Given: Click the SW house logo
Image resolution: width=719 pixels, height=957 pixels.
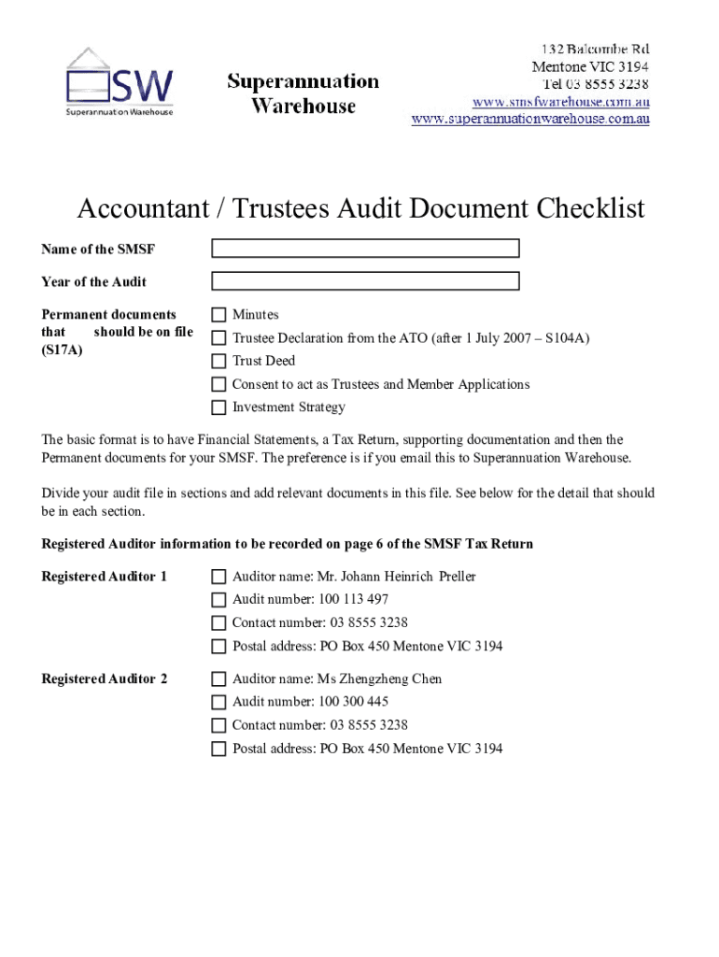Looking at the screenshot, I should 119,81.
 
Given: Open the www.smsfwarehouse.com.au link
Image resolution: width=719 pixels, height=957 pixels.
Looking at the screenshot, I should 560,101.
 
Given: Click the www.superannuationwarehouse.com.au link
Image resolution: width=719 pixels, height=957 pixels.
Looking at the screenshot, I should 530,119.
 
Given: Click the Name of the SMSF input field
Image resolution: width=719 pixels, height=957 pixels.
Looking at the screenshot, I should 365,249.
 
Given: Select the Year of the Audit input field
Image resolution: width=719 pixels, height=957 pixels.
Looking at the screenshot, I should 365,281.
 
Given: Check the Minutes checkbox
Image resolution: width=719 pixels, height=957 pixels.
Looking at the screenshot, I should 219,315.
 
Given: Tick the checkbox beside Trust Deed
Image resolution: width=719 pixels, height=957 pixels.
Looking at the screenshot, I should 219,361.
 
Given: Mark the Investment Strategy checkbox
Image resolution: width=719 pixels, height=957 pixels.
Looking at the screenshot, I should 219,407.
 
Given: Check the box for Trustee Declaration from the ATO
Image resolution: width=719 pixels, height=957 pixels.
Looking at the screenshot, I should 219,337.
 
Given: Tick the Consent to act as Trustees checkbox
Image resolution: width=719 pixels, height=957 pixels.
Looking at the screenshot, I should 219,384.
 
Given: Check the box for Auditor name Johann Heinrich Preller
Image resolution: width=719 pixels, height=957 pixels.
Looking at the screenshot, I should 219,577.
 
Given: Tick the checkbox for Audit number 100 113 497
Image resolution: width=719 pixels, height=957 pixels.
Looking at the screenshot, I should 219,600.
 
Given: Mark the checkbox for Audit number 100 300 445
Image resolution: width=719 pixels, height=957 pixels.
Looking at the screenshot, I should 219,702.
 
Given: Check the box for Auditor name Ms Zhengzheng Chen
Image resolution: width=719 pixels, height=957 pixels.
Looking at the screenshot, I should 219,679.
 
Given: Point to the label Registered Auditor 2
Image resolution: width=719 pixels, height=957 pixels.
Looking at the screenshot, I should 105,679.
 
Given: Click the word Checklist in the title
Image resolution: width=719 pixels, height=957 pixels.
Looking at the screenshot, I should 590,208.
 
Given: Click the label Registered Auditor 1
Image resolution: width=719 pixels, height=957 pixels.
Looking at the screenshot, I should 105,577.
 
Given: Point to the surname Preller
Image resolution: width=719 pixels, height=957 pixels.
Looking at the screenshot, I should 457,577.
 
